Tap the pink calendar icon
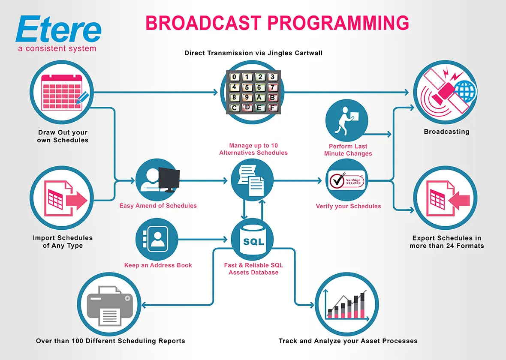pyautogui.click(x=61, y=91)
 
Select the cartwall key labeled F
pyautogui.click(x=272, y=108)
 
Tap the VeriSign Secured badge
pyautogui.click(x=345, y=181)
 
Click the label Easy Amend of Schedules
pyautogui.click(x=158, y=206)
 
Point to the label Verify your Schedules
pyautogui.click(x=348, y=206)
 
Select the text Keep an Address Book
pyautogui.click(x=158, y=265)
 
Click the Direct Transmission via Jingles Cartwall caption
pyautogui.click(x=253, y=54)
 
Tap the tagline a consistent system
pyautogui.click(x=57, y=48)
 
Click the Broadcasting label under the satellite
pyautogui.click(x=446, y=132)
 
